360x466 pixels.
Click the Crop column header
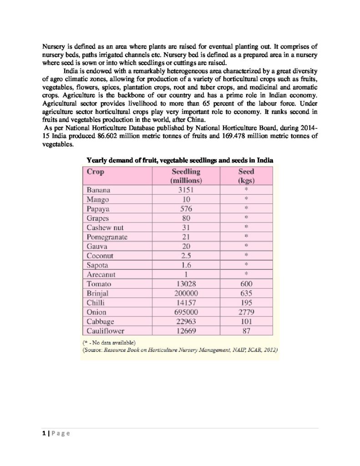tap(96, 172)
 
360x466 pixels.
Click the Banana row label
tap(98, 190)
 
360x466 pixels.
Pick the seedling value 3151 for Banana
tap(186, 190)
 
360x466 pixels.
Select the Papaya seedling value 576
tap(186, 209)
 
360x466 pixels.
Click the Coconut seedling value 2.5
tap(186, 256)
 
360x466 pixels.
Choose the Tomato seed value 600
tap(246, 284)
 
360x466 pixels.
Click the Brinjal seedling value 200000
tap(186, 294)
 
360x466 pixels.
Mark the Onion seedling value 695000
tap(186, 312)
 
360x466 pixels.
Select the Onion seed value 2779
tap(246, 312)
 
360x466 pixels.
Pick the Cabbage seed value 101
tap(246, 322)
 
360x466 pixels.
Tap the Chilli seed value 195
tap(246, 303)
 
